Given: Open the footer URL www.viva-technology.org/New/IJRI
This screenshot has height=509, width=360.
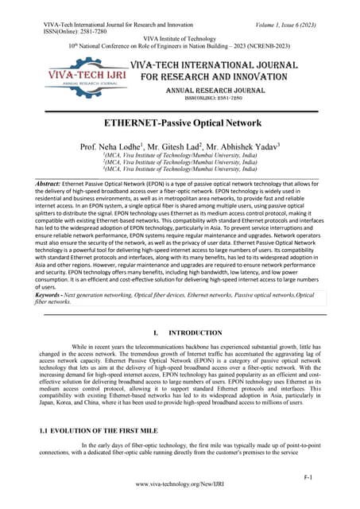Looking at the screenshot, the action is pos(180,484).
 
